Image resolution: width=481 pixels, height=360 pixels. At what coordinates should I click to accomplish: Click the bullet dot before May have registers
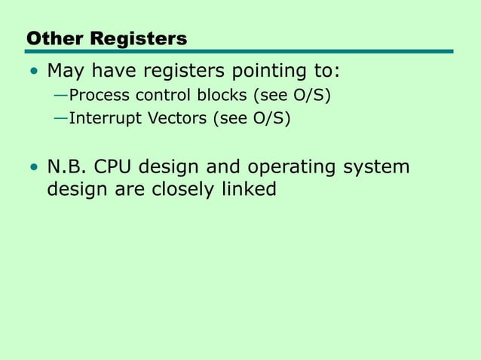tap(32, 73)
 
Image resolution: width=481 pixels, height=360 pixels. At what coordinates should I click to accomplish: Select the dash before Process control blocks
tap(60, 97)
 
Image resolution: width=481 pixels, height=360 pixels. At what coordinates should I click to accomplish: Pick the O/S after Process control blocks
tap(309, 97)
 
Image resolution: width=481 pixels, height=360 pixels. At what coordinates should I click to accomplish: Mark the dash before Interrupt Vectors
tap(60, 118)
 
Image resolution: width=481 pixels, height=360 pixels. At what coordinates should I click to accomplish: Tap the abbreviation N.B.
tap(66, 166)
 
